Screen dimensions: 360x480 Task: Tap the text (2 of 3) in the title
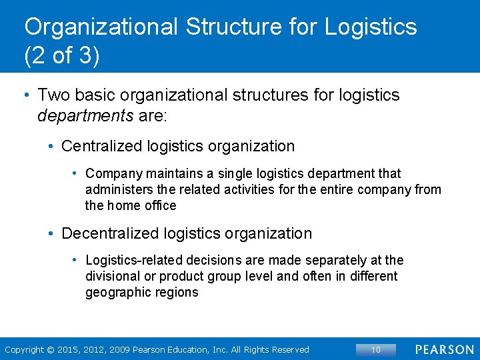tap(62, 55)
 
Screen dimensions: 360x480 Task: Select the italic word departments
tap(85, 116)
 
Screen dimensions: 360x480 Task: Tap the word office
tap(161, 205)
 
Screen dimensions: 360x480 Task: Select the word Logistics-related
tap(135, 260)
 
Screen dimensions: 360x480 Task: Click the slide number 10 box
tap(376, 349)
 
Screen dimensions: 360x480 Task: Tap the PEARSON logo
tap(445, 349)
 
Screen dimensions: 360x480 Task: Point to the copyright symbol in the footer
tap(49, 349)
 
